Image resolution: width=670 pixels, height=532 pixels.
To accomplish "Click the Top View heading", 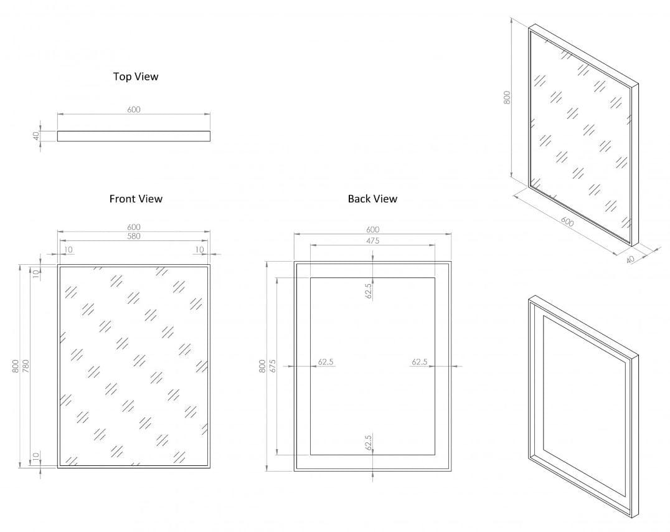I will coord(136,77).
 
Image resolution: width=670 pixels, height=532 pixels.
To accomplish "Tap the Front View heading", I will coord(136,199).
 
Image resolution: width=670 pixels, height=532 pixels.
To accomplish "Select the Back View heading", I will coord(372,199).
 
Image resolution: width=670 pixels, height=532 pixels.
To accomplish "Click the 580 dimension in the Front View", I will coord(134,236).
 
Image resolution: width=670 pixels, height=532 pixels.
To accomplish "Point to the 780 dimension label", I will coord(26,366).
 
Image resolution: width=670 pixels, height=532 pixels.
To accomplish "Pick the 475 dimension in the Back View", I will coord(372,240).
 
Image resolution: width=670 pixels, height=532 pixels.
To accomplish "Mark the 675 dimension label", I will coord(272,366).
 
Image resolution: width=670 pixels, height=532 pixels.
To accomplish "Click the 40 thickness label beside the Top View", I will coord(37,135).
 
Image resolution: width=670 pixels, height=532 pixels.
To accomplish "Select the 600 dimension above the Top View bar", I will coord(134,110).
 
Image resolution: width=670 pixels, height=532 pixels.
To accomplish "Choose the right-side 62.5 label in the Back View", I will coord(420,362).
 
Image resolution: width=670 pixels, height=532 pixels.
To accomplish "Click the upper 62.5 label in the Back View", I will coord(369,291).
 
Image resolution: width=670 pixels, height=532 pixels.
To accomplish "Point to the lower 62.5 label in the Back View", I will coord(369,442).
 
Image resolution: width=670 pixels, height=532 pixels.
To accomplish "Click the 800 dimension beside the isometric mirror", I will coord(507,97).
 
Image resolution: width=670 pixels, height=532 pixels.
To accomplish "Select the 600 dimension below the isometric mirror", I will coord(567,222).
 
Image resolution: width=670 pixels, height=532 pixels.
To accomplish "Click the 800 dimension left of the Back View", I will coord(262,366).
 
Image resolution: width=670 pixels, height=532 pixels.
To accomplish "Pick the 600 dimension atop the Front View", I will coord(134,227).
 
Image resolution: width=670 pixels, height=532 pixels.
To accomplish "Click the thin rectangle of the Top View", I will coord(134,136).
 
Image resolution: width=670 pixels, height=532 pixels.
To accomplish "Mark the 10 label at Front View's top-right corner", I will coord(199,250).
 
